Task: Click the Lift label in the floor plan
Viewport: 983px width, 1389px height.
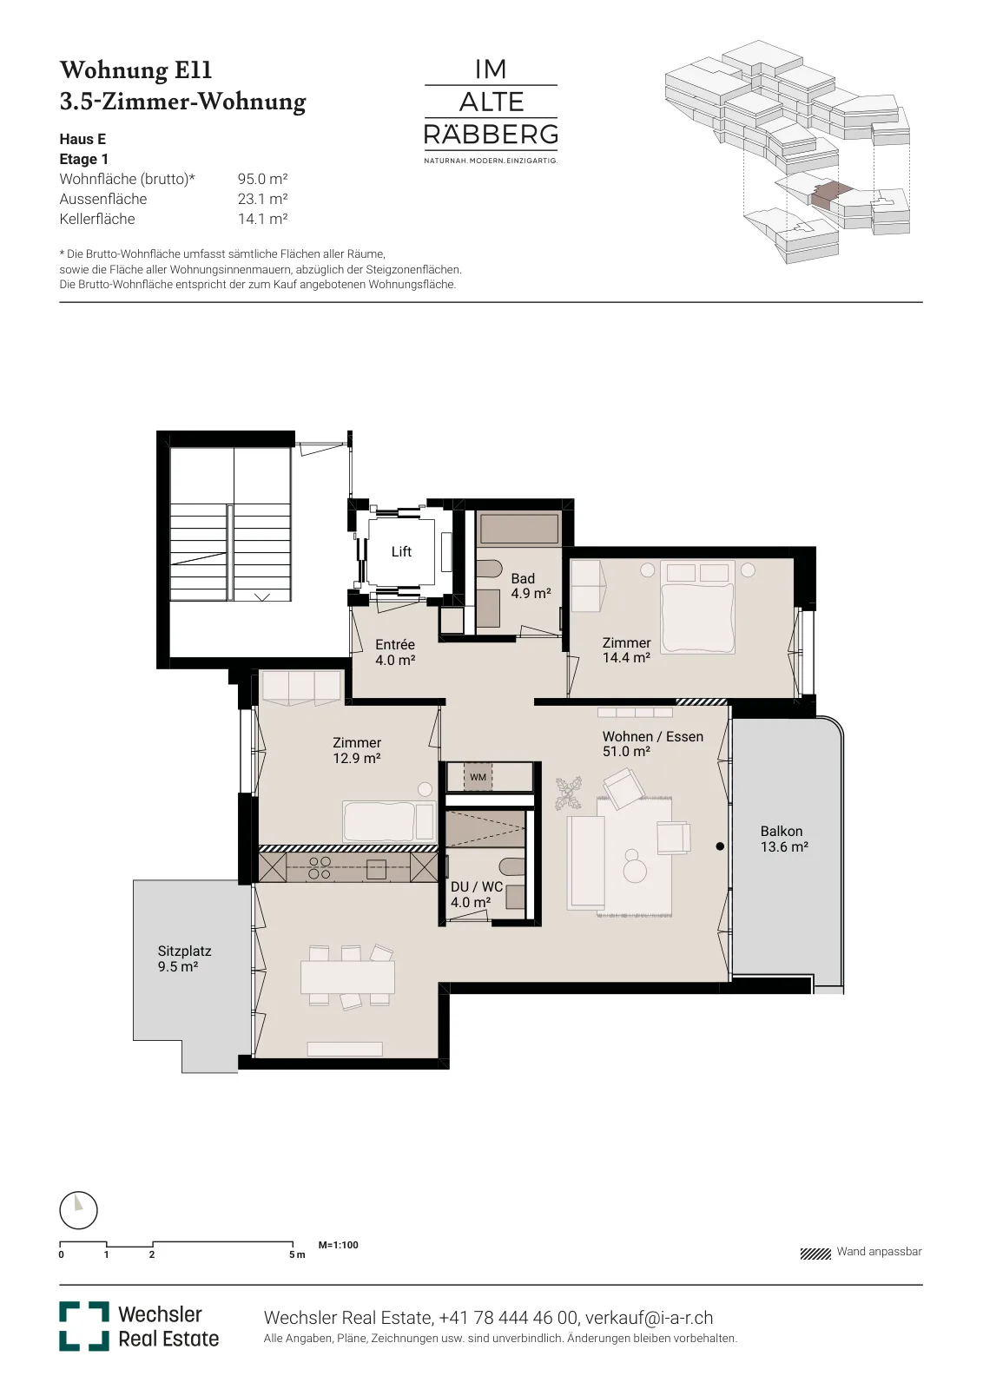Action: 401,551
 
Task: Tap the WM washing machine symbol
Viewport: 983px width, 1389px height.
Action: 478,777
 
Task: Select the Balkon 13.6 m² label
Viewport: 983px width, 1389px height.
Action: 784,839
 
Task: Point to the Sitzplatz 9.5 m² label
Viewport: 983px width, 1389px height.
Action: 184,958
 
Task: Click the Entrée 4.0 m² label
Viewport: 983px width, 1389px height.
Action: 395,652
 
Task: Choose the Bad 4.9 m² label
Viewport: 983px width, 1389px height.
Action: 531,586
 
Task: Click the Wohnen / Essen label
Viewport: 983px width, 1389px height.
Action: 652,736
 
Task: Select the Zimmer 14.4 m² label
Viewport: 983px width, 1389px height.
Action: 626,650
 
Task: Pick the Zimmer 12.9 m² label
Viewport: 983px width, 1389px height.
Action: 357,750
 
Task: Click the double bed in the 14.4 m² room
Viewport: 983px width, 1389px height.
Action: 697,607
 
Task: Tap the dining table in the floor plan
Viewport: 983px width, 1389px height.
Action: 347,978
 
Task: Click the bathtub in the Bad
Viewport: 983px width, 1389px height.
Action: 519,529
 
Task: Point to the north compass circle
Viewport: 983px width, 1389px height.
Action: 79,1210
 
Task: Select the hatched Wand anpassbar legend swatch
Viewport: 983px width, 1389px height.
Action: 815,1254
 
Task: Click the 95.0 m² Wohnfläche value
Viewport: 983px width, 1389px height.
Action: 262,179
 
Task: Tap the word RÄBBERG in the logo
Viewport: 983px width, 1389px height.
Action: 491,134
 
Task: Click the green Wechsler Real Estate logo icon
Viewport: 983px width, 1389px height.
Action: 83,1326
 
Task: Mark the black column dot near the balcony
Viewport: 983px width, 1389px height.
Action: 719,846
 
